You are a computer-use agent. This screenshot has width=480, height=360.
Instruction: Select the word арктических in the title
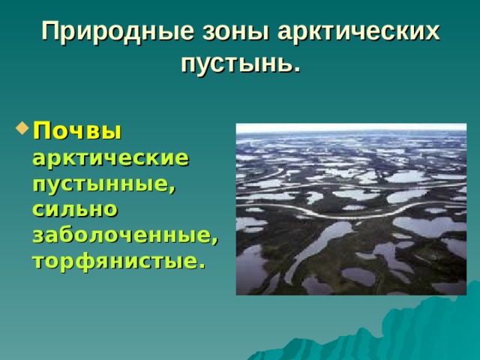point(358,32)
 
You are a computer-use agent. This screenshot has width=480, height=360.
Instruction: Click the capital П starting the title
point(49,32)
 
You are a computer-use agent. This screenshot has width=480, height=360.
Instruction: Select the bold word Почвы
point(76,131)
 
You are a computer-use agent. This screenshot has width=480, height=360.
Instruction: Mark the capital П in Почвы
point(40,131)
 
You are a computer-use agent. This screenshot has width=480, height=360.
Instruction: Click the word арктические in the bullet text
point(110,158)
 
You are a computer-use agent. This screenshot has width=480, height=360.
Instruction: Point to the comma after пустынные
point(173,188)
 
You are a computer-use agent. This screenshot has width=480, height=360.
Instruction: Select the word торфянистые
point(114,260)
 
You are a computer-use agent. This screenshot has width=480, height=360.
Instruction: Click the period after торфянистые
point(201,265)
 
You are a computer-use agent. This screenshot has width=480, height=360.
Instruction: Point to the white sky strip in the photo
point(351,128)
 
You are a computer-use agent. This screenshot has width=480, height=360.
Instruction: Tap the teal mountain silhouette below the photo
point(420,330)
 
